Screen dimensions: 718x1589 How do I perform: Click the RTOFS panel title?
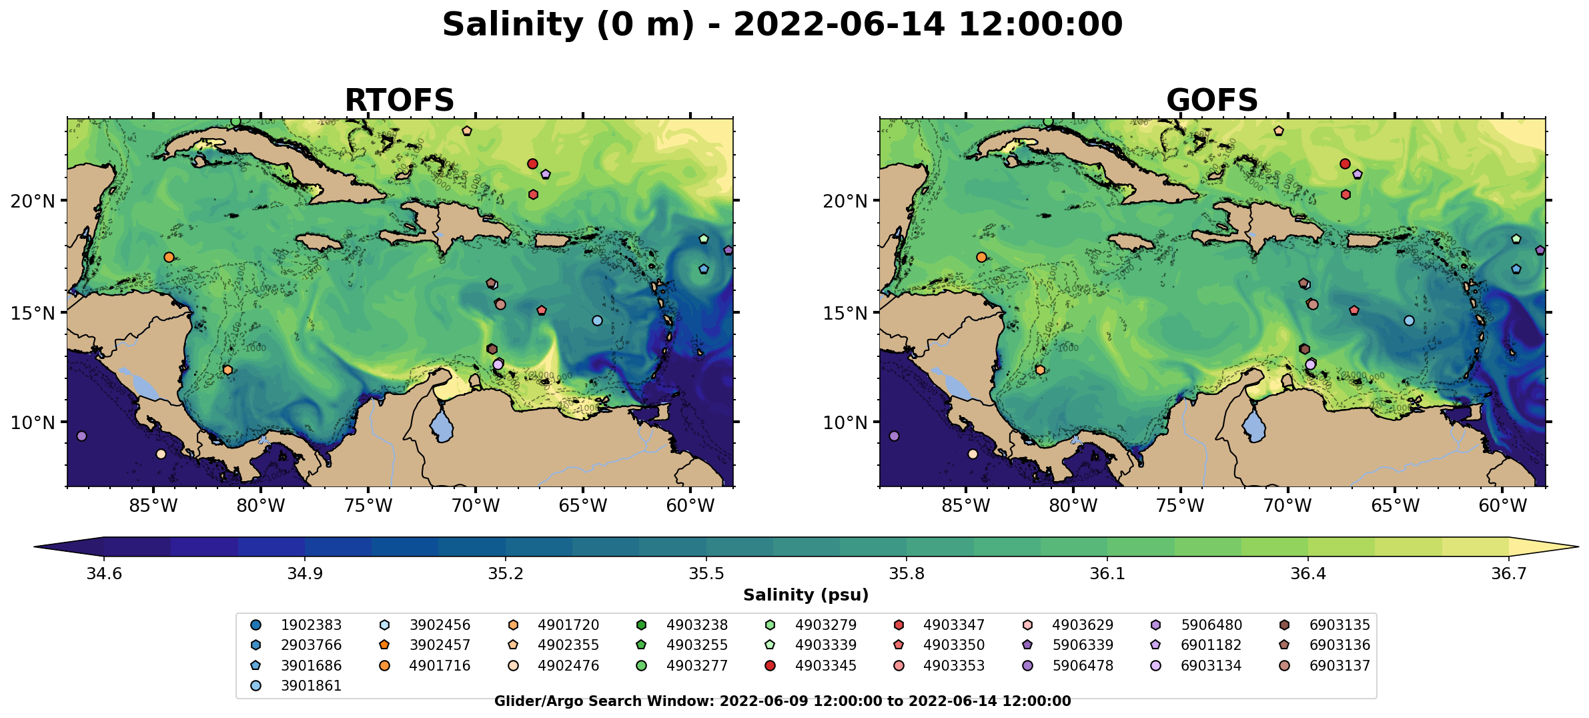pos(399,101)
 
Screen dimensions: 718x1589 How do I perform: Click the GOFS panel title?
pos(1211,101)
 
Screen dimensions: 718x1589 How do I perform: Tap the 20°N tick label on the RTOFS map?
pos(33,201)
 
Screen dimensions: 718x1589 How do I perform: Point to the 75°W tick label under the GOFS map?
pos(1179,506)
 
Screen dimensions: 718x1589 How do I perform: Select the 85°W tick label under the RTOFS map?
pos(153,506)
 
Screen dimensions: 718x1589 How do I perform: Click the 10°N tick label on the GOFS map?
pos(845,423)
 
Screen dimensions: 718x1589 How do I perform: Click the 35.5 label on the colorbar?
pos(706,575)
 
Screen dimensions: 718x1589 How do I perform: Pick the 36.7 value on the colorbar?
pos(1509,575)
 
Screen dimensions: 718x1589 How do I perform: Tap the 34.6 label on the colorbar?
pos(104,575)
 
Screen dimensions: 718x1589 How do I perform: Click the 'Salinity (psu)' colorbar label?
pos(806,595)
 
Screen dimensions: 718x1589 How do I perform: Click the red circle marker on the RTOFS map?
pos(532,164)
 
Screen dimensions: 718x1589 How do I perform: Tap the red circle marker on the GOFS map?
pos(1345,164)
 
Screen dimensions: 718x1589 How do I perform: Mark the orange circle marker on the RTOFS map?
pos(169,258)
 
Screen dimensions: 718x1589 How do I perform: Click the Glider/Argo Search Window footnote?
pos(782,701)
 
